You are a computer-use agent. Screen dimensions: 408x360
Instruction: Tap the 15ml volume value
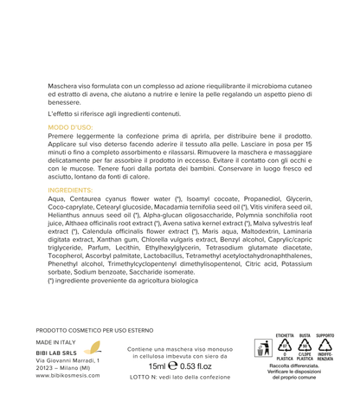[x=159, y=366]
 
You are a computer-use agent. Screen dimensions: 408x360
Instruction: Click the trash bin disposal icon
[x=266, y=350]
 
